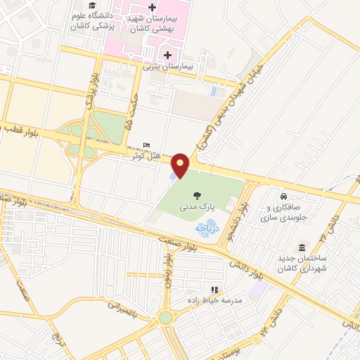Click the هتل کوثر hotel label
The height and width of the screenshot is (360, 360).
(x=146, y=155)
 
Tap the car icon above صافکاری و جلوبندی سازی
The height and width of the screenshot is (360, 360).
(x=283, y=197)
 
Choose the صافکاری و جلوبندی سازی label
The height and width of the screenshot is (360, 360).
(x=284, y=213)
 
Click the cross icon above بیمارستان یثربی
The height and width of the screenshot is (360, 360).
(x=167, y=56)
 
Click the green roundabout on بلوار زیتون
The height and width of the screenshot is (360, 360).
(x=165, y=318)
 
